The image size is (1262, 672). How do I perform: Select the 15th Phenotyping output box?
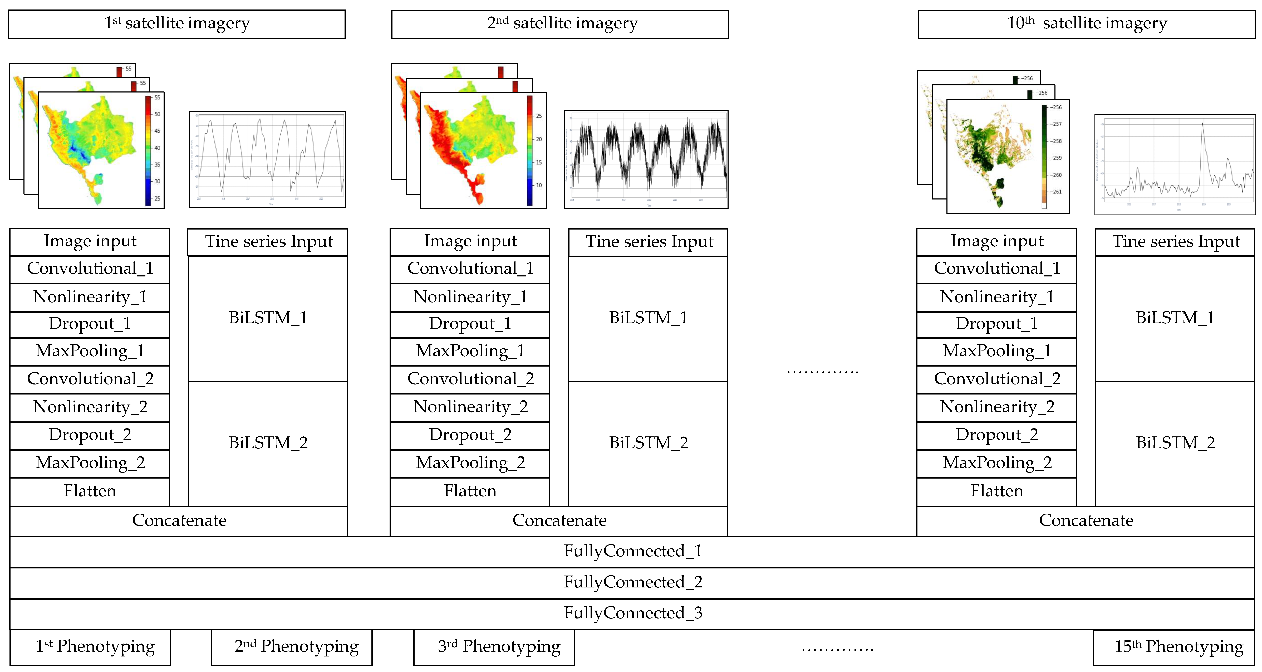(x=1173, y=647)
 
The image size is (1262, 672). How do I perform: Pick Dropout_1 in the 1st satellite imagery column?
(x=90, y=324)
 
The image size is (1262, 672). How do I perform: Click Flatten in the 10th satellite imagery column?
(x=996, y=491)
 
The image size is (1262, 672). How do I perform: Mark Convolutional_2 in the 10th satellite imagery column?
(x=996, y=379)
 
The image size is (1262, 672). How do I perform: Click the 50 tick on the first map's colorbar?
(x=157, y=114)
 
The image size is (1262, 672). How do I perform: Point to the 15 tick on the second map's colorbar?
(x=538, y=162)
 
